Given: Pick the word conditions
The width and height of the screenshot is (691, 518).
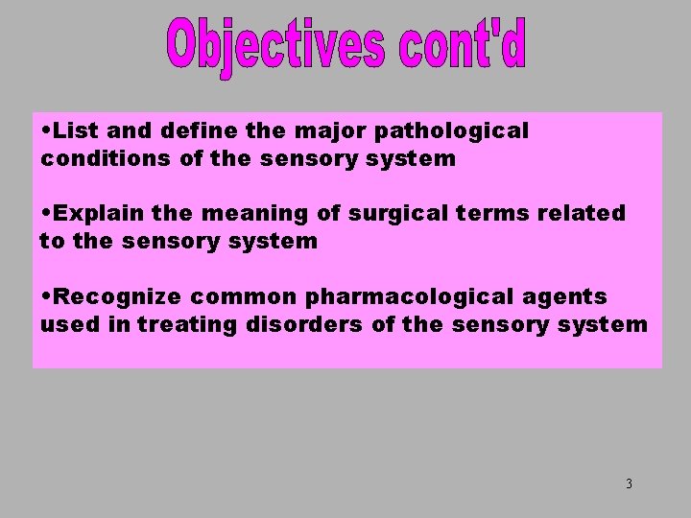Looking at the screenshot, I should pyautogui.click(x=106, y=158).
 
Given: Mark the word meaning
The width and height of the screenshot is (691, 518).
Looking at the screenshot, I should pyautogui.click(x=252, y=213).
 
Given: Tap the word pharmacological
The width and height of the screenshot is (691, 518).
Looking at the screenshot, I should pyautogui.click(x=407, y=296).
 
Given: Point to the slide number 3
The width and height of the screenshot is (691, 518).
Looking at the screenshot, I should pyautogui.click(x=629, y=483).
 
